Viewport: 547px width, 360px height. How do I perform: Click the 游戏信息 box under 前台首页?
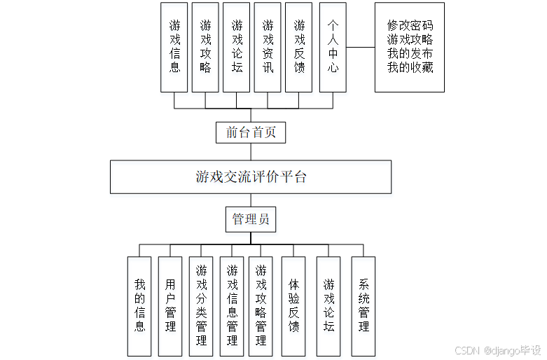(174, 47)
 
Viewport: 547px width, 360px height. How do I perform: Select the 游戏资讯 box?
(268, 47)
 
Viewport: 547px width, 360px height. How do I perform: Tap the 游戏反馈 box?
(299, 47)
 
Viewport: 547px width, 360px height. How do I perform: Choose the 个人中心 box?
(333, 47)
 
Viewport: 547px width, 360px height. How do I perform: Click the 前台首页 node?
(251, 132)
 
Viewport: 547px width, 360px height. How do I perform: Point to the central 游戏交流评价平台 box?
(251, 176)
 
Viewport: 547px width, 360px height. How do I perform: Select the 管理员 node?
(251, 219)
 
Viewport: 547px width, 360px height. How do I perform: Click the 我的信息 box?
(139, 305)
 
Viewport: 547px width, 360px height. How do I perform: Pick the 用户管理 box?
(170, 305)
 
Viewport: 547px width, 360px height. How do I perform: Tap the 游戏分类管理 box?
(202, 305)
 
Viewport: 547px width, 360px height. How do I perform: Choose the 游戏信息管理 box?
(232, 305)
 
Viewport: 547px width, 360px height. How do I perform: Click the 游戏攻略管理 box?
(261, 305)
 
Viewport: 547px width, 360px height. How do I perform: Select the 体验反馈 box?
(293, 305)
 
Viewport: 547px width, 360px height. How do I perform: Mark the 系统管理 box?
(363, 305)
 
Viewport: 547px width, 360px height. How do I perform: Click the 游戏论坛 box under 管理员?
(328, 305)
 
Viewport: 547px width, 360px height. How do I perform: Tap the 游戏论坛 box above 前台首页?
(237, 47)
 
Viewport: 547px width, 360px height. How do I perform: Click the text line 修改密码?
(410, 26)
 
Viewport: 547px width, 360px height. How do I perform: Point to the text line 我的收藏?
(410, 68)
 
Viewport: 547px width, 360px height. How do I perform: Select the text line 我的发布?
(410, 54)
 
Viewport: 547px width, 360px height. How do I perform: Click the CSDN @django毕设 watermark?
(497, 350)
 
